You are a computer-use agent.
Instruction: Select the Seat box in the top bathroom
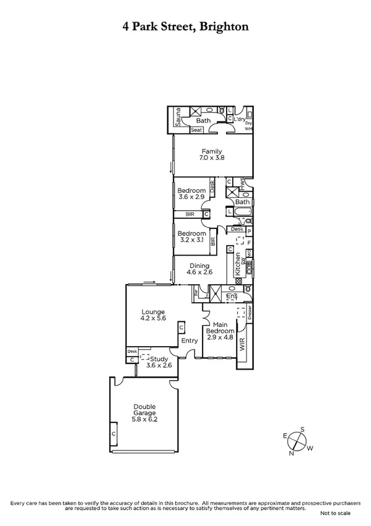pyautogui.click(x=197, y=130)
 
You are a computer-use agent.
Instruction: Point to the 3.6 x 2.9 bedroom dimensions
pyautogui.click(x=191, y=197)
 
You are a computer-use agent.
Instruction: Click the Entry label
pyautogui.click(x=189, y=341)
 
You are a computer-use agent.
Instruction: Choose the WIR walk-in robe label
pyautogui.click(x=242, y=345)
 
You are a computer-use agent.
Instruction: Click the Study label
pyautogui.click(x=160, y=358)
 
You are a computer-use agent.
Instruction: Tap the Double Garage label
pyautogui.click(x=144, y=410)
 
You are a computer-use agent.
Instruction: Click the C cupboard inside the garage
pyautogui.click(x=114, y=434)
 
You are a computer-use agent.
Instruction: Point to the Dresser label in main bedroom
pyautogui.click(x=249, y=313)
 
